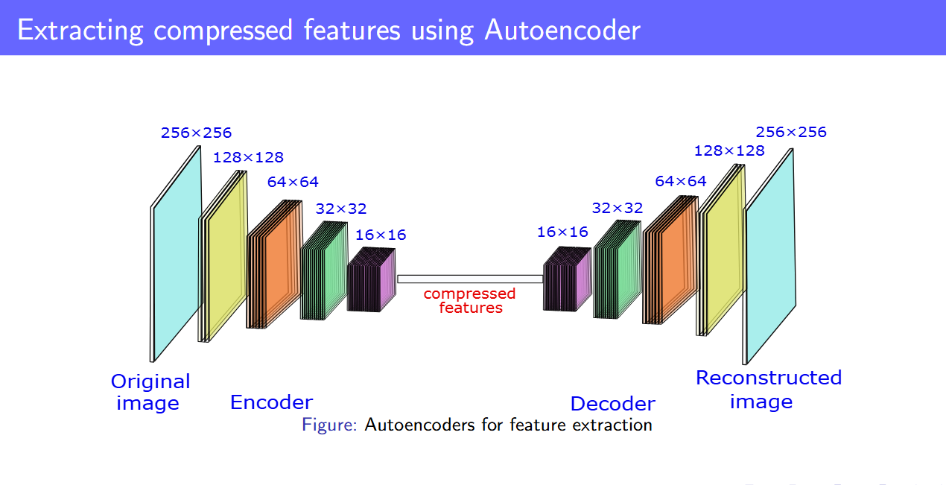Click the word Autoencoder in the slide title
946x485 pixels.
[562, 31]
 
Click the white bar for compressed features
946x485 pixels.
[470, 279]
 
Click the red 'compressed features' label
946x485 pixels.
[470, 300]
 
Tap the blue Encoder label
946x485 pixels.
[271, 402]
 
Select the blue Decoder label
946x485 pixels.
[612, 404]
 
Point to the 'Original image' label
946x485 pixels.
[150, 392]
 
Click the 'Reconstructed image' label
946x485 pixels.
[768, 389]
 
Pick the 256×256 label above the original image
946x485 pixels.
[196, 133]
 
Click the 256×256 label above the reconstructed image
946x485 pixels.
[791, 132]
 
